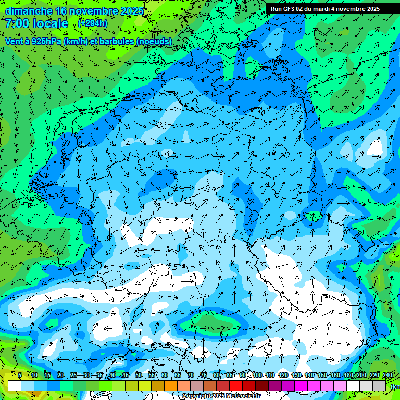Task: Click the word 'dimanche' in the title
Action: click(x=28, y=11)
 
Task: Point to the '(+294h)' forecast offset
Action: click(x=93, y=23)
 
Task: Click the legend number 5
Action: click(x=20, y=376)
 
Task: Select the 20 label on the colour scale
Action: click(x=60, y=376)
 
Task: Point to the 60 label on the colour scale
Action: click(x=165, y=376)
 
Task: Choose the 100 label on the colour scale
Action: click(x=257, y=376)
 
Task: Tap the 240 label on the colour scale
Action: click(x=387, y=376)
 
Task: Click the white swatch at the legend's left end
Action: click(x=15, y=385)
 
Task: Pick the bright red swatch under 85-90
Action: click(x=236, y=385)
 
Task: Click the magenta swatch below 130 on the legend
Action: click(x=302, y=385)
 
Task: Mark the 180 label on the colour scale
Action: click(x=347, y=376)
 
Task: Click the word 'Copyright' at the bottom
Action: click(x=196, y=396)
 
